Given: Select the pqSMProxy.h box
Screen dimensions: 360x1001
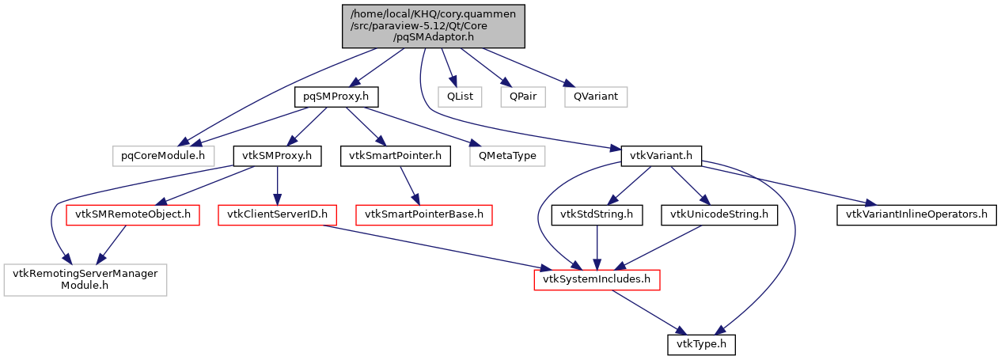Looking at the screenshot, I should [x=336, y=97].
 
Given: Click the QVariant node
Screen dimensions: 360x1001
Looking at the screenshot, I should [x=595, y=97].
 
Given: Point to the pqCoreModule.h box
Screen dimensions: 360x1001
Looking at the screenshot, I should [x=157, y=156].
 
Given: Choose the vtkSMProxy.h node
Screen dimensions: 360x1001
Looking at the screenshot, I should [x=277, y=156].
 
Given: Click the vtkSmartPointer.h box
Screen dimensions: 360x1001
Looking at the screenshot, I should [x=395, y=156].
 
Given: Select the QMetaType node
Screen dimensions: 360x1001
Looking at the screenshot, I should [x=507, y=156].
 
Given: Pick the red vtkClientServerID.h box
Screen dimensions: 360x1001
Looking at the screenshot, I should [x=278, y=214].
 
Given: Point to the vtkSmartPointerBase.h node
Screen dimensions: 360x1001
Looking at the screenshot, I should [x=424, y=214].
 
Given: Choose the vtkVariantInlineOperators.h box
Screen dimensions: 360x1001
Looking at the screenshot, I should [x=916, y=214].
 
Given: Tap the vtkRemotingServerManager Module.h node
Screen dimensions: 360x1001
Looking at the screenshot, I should [x=85, y=280].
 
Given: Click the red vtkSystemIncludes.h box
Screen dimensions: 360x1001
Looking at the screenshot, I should [x=597, y=280].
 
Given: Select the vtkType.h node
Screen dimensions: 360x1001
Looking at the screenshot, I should [x=703, y=345].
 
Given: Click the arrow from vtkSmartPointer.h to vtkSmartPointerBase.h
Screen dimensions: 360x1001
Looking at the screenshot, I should [x=410, y=185].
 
